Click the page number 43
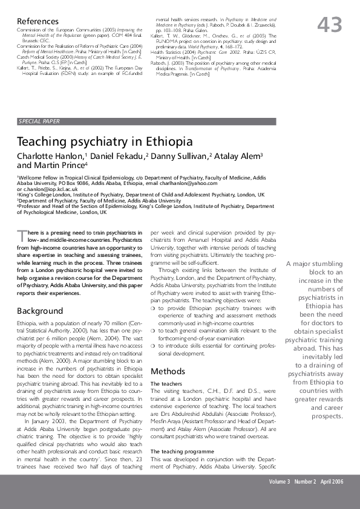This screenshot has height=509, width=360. pos(330,25)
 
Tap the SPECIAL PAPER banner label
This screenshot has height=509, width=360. pos(39,121)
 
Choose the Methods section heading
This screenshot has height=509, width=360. pos(168,371)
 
